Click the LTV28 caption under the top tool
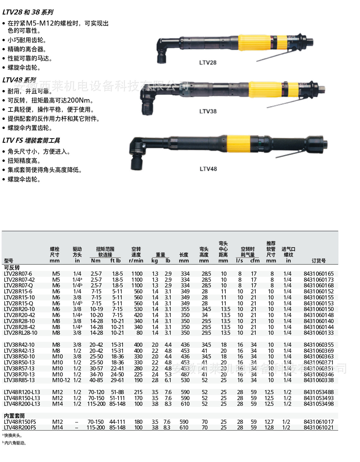(208, 63)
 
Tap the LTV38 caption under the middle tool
(208, 111)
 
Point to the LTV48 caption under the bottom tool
(208, 169)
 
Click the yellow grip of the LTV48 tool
(238, 144)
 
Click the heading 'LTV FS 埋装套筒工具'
(31, 141)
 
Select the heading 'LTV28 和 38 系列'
(28, 12)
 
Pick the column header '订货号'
(318, 261)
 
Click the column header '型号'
(9, 261)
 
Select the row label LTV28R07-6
(18, 274)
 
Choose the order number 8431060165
(318, 274)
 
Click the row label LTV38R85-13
(19, 380)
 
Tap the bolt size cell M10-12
(61, 380)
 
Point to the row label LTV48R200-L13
(22, 404)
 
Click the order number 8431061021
(318, 428)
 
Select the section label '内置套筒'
(14, 416)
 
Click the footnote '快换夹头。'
(13, 435)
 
